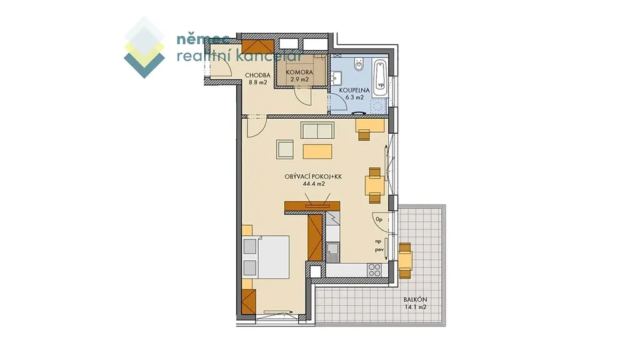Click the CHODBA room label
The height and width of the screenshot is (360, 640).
(x=257, y=75)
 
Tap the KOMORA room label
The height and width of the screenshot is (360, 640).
(x=299, y=72)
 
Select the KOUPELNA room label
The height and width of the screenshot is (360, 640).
(x=354, y=90)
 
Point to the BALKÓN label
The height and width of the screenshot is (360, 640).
(x=415, y=299)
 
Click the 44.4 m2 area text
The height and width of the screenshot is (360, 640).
(x=314, y=184)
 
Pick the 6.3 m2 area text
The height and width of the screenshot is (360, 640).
(x=354, y=97)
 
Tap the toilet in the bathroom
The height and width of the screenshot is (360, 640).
(x=359, y=64)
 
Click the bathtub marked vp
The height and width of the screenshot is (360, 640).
(x=380, y=77)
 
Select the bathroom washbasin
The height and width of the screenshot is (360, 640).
(x=336, y=77)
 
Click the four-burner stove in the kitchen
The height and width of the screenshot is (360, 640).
(x=374, y=270)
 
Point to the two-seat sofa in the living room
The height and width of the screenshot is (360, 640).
(x=317, y=130)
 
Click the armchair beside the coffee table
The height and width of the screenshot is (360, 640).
(x=285, y=149)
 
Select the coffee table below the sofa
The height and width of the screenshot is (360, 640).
(x=317, y=151)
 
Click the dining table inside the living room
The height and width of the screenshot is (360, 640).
(x=374, y=186)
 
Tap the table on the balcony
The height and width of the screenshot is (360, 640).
(x=406, y=260)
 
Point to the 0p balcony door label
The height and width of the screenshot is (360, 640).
(x=379, y=219)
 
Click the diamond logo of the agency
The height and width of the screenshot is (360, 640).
(x=144, y=47)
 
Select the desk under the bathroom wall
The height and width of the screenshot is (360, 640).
(x=370, y=126)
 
